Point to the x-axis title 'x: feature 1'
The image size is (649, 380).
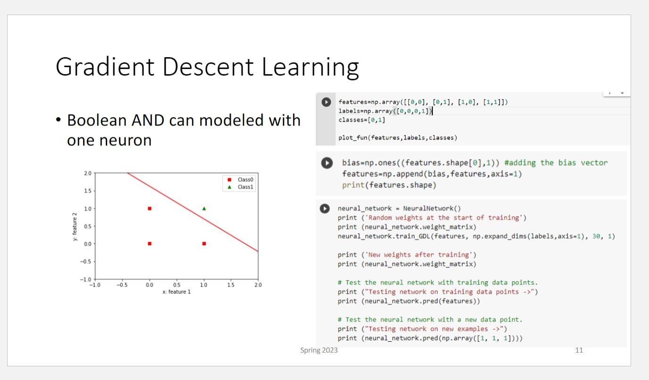pyautogui.click(x=177, y=292)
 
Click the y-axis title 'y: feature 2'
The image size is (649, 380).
pyautogui.click(x=75, y=227)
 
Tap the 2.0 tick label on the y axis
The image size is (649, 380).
pyautogui.click(x=88, y=173)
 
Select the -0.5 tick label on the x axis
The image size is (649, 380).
pyautogui.click(x=122, y=285)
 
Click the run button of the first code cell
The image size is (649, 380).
pyautogui.click(x=326, y=102)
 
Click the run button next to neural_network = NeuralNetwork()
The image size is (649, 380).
pyautogui.click(x=325, y=209)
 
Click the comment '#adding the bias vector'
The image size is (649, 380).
pyautogui.click(x=556, y=163)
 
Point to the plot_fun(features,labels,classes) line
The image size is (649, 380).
pyautogui.click(x=397, y=138)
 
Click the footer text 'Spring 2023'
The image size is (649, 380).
pyautogui.click(x=319, y=350)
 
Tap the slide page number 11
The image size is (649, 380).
pyautogui.click(x=579, y=350)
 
